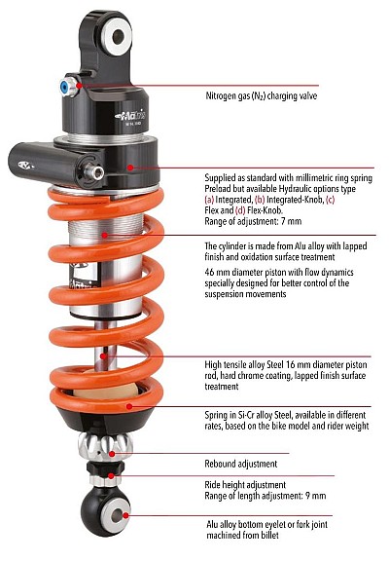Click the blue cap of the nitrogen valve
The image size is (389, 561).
(x=64, y=87)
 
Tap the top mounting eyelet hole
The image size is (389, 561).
(x=118, y=36)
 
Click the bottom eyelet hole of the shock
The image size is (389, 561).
(x=117, y=515)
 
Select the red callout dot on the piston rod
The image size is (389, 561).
(x=103, y=356)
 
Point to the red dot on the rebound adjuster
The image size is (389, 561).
(x=112, y=454)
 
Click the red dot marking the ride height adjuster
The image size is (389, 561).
(x=112, y=476)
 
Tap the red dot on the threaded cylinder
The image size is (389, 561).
(x=104, y=235)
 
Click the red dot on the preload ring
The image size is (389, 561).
(x=130, y=168)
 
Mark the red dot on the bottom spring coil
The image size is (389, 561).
(x=129, y=406)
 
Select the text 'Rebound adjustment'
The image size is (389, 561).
(x=241, y=464)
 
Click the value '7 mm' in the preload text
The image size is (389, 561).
(x=291, y=221)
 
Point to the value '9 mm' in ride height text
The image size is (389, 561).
(x=316, y=496)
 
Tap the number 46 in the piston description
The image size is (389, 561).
(x=209, y=273)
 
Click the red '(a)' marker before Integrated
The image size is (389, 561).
(x=209, y=200)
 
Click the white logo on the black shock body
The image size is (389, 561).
(x=130, y=115)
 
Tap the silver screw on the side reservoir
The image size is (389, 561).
(x=94, y=172)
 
